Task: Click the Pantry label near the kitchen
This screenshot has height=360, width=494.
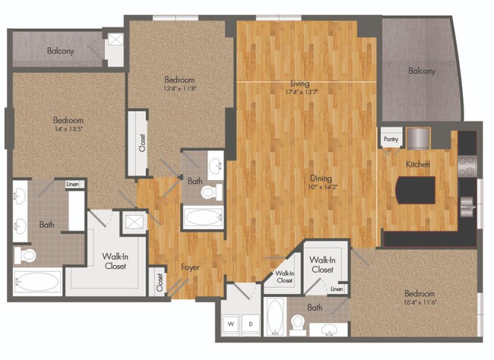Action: coord(391,140)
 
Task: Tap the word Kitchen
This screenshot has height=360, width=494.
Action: coord(418,164)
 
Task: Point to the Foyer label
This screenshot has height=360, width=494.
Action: coord(191,267)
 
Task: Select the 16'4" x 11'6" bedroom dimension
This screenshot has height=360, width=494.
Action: coord(420,302)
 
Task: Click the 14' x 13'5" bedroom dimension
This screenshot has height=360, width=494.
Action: coord(68,129)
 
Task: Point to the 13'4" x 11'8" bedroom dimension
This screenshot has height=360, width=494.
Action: coord(180,88)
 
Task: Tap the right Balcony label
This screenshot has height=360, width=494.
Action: coord(422,71)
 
